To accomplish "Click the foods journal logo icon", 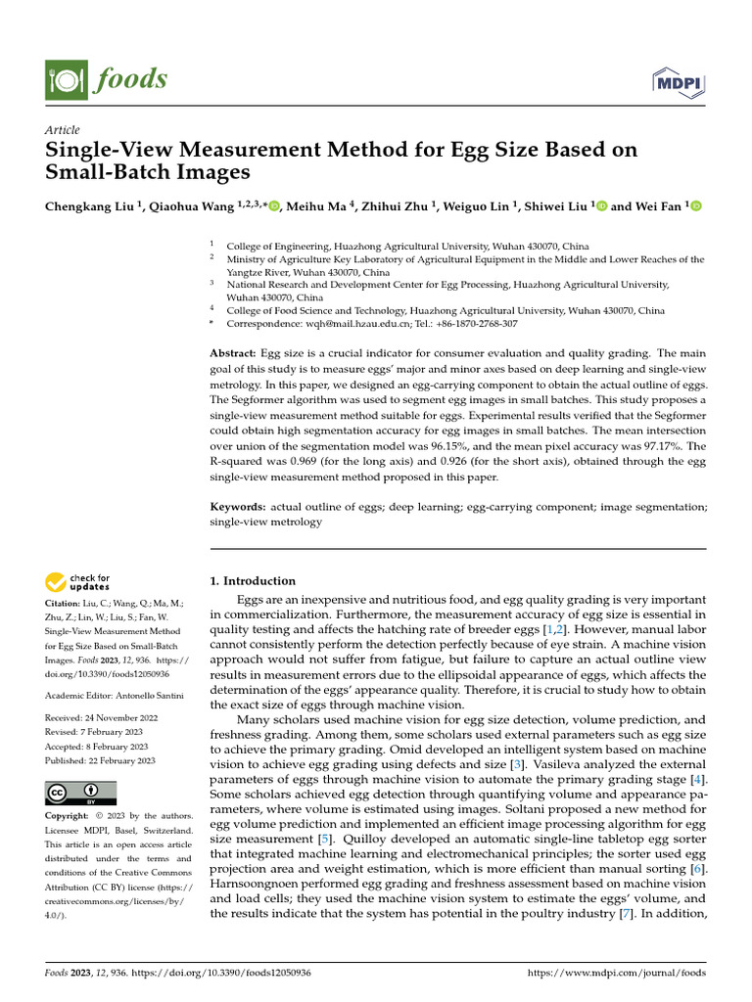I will (62, 77).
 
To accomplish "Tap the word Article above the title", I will (63, 130).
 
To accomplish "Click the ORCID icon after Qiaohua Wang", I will (274, 206).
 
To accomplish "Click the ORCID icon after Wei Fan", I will (696, 206).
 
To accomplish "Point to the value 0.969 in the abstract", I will (326, 462).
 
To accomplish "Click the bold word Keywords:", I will (238, 507).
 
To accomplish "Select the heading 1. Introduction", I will (254, 580).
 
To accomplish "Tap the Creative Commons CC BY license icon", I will (80, 793).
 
